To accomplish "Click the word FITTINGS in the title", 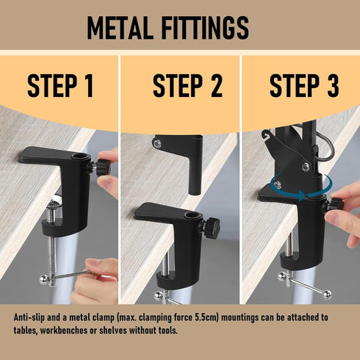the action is click(x=205, y=27).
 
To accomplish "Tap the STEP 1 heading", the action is click(x=60, y=86).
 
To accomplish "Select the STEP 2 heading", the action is click(x=187, y=86).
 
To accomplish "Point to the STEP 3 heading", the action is click(x=304, y=86).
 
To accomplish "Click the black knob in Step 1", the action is click(x=102, y=168).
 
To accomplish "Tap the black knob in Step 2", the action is click(x=212, y=226).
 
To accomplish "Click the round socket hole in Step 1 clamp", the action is click(x=78, y=156).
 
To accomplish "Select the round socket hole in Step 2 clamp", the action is click(x=190, y=215).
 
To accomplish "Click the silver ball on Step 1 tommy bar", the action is click(x=43, y=279).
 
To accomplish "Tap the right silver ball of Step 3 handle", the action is click(x=327, y=295).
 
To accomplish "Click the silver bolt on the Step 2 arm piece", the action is click(x=156, y=143).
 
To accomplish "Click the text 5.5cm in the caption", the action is click(x=206, y=317).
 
